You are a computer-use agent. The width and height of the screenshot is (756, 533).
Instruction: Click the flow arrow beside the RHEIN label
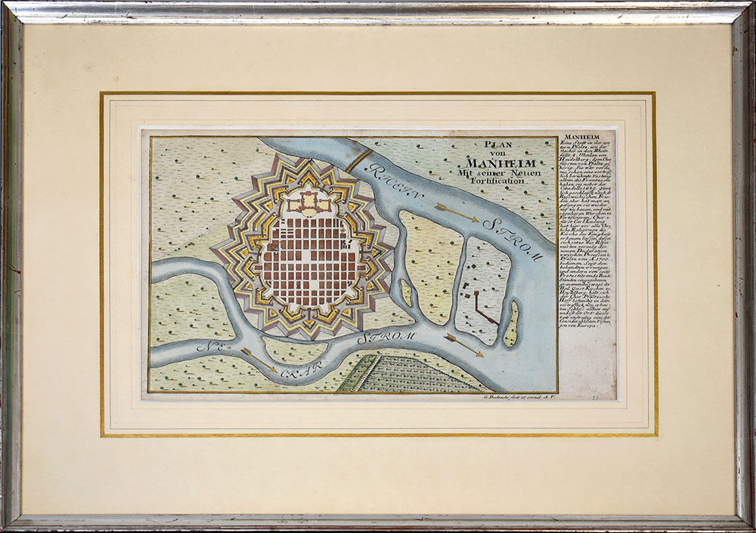pos(457,212)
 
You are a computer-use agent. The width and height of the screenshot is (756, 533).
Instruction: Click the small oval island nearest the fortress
pos(406,293)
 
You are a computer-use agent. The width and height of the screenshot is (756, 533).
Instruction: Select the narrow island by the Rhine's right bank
pos(512,324)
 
